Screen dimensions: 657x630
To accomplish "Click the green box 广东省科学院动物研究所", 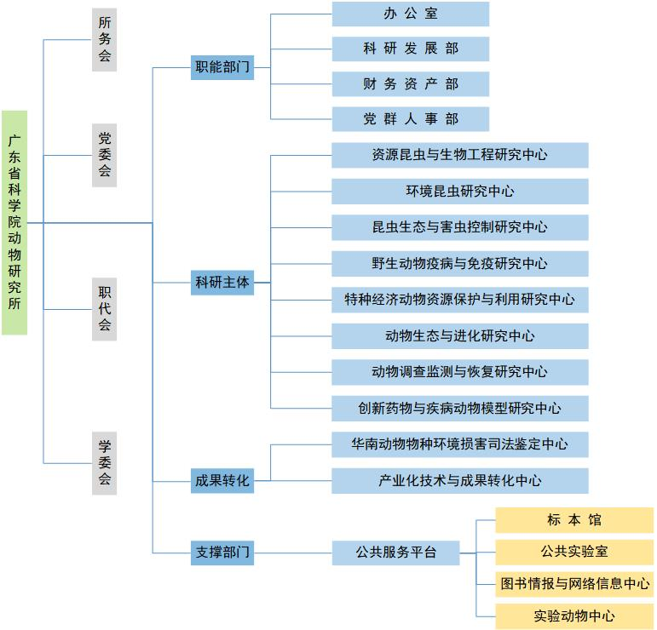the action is tap(14, 223).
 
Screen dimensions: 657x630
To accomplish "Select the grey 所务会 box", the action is tap(104, 40).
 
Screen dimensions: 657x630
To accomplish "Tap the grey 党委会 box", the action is tap(104, 155).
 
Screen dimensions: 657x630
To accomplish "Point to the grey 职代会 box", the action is tap(104, 309).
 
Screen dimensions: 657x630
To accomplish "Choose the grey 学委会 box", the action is tap(104, 463).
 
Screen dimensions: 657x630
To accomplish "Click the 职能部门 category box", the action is tap(222, 67).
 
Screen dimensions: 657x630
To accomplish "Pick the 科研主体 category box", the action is tap(222, 283).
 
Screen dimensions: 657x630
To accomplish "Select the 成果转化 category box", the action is tap(222, 481).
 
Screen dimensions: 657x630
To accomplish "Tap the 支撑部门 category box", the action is tap(222, 553).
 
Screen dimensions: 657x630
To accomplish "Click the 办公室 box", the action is tap(411, 14).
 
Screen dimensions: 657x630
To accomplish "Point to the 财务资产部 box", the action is tap(411, 84).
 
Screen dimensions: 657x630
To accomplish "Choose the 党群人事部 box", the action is tap(411, 119).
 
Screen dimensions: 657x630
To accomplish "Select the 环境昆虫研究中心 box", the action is tap(460, 192).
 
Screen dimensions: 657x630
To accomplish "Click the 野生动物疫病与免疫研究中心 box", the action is tap(460, 264).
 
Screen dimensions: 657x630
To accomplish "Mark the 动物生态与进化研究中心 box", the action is tap(460, 336).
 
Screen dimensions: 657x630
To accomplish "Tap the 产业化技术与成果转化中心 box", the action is tap(460, 481).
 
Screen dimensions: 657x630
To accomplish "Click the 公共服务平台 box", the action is tap(396, 553).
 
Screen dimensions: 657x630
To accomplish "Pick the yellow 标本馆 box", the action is tap(574, 520).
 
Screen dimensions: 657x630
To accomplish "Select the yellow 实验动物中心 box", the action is tap(574, 616).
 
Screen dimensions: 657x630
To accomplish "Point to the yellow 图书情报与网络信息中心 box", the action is tap(574, 584).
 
